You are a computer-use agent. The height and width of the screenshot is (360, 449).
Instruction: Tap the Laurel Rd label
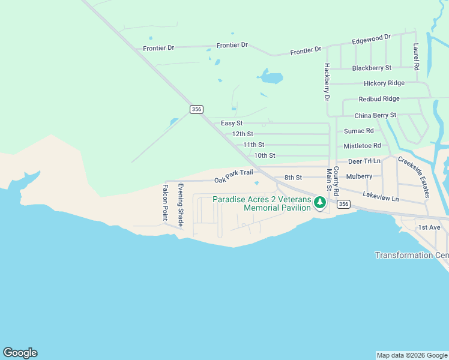415,56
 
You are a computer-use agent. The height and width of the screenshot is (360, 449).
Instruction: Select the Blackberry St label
372,68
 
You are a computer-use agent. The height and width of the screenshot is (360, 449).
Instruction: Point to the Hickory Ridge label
384,83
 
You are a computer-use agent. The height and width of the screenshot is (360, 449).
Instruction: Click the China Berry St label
376,115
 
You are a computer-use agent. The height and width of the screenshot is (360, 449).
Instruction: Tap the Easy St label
232,123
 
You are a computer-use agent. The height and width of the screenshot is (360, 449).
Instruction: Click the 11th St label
253,145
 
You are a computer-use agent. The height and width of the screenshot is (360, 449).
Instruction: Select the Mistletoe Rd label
363,146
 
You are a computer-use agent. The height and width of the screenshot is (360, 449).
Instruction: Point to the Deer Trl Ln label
364,161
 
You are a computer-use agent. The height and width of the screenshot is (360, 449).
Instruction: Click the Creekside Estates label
414,177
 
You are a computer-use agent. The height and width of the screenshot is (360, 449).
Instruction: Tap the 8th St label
293,178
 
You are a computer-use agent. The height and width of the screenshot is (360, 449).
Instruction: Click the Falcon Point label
165,203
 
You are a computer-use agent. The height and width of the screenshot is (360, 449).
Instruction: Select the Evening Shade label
179,205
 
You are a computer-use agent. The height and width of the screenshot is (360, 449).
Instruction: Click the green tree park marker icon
320,204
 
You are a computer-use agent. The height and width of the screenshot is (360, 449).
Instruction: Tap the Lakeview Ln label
381,194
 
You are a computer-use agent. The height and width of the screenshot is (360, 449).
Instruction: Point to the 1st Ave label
430,227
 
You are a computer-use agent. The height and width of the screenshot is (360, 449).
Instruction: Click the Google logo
20,353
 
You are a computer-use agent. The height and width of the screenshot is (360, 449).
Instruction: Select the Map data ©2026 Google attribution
411,355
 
